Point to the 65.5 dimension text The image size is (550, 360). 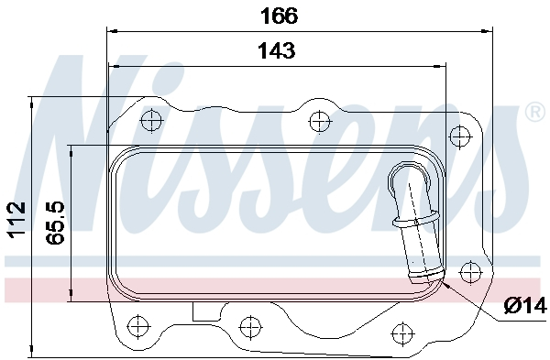tap(54, 223)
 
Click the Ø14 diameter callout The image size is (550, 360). tap(524, 305)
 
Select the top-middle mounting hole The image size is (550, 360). tap(318, 119)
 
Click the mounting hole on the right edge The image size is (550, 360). tap(470, 270)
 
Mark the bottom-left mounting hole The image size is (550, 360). tap(138, 325)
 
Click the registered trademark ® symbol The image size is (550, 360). tap(533, 112)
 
